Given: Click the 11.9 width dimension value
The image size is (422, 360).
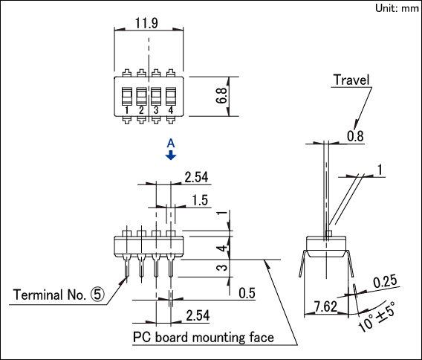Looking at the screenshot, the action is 146,23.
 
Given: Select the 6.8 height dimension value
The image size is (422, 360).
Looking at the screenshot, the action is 221,95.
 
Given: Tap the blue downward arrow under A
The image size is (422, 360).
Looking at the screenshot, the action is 171,155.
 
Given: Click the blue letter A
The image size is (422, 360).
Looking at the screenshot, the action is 171,144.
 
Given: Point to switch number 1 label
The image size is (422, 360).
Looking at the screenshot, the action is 127,110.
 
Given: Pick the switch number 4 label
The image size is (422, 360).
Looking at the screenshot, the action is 171,110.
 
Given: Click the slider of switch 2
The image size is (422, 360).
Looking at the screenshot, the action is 141,96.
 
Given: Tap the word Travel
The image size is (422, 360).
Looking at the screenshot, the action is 351,80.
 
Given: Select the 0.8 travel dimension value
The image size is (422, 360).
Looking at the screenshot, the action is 355,136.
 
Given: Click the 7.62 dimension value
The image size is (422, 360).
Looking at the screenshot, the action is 326,306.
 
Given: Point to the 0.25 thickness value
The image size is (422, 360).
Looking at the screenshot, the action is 385,281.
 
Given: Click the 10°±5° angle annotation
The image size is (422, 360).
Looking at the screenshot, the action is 377,316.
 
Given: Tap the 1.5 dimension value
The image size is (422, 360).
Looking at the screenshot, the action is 200,200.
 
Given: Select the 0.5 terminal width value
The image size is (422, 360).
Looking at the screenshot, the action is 247,293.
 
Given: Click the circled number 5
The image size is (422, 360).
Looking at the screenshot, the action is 97,295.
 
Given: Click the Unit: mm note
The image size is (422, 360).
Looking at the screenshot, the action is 397,8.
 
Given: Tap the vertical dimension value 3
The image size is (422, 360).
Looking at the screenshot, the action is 222,268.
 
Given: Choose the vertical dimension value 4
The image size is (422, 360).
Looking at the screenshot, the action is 222,248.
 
